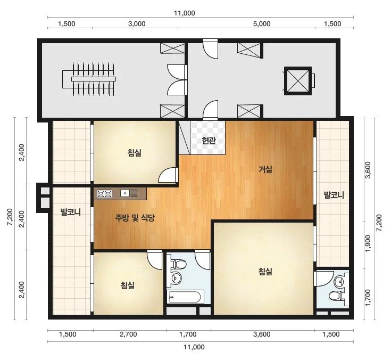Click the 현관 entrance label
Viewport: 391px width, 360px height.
click(209, 141)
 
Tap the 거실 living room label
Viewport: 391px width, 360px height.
click(265, 169)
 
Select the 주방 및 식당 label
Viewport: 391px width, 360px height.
click(135, 218)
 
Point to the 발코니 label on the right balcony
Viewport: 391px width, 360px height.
click(334, 195)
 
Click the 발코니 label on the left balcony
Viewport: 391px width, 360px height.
click(71, 212)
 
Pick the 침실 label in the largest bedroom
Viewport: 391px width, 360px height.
click(265, 272)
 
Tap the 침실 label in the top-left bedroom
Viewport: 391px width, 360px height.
click(135, 152)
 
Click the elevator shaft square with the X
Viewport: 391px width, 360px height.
click(298, 80)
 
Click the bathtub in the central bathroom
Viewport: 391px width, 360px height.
click(185, 297)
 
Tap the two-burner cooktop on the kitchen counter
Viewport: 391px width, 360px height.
click(104, 194)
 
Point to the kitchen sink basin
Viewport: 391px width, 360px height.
click(125, 193)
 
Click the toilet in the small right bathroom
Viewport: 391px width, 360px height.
click(335, 296)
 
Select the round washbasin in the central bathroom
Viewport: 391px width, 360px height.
click(177, 277)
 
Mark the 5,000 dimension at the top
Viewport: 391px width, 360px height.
click(262, 24)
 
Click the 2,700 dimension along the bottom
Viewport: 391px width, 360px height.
click(128, 334)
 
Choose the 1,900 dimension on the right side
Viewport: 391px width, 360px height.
click(368, 243)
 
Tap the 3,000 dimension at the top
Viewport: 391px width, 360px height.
click(137, 24)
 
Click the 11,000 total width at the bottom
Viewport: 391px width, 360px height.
click(194, 347)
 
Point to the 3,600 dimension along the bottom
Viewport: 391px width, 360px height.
click(262, 334)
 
